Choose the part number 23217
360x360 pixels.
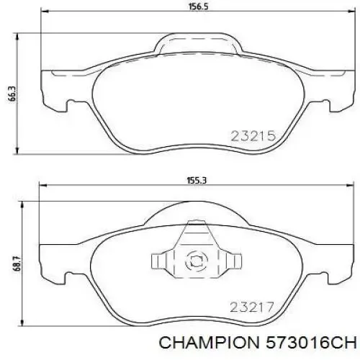[251, 306]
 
